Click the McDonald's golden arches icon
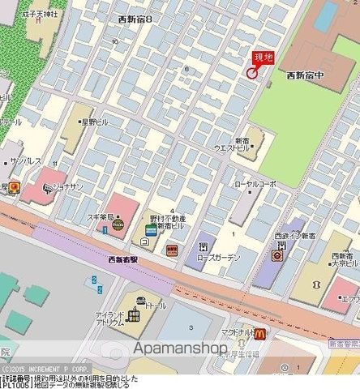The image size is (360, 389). (x=259, y=334)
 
